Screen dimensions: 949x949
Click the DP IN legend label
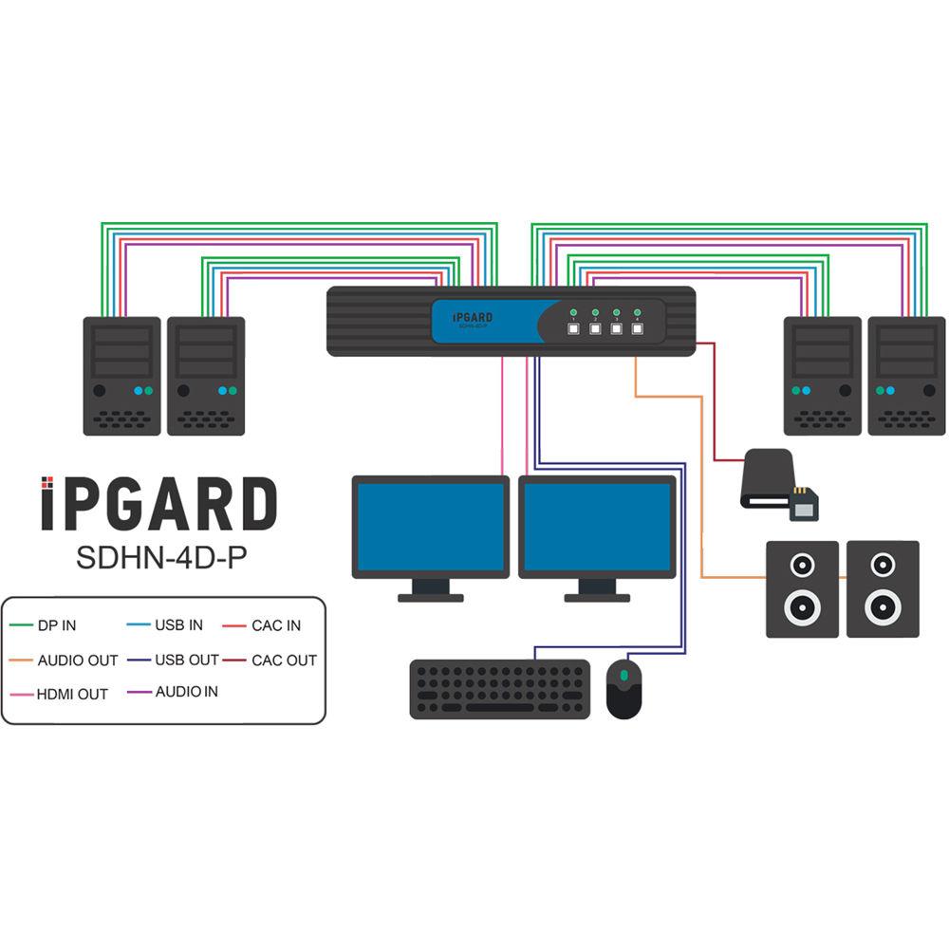pyautogui.click(x=57, y=626)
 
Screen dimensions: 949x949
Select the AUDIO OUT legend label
pyautogui.click(x=78, y=661)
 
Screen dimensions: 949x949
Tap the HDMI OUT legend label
pyautogui.click(x=73, y=695)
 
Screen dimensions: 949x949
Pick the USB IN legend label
pyautogui.click(x=179, y=625)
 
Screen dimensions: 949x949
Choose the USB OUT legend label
pyautogui.click(x=187, y=660)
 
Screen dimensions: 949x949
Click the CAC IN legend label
pyautogui.click(x=276, y=626)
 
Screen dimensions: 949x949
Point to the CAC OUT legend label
pyautogui.click(x=284, y=661)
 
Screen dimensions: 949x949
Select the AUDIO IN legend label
pyautogui.click(x=187, y=692)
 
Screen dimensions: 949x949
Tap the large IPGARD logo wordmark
pyautogui.click(x=158, y=505)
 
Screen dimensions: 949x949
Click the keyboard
pyautogui.click(x=500, y=689)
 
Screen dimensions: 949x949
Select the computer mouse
pyautogui.click(x=623, y=688)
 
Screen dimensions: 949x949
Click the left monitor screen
pyautogui.click(x=431, y=525)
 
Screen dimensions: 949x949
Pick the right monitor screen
pyautogui.click(x=597, y=525)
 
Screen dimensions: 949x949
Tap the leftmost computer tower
pyautogui.click(x=121, y=376)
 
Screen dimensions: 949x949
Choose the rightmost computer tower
pyautogui.click(x=906, y=376)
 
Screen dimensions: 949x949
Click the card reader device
pyautogui.click(x=773, y=480)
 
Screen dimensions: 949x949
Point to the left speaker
pyautogui.click(x=802, y=588)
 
